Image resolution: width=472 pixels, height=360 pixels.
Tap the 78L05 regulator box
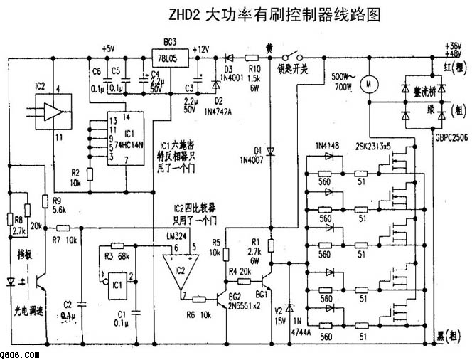coord(168,55)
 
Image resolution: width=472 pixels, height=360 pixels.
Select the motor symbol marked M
coord(369,85)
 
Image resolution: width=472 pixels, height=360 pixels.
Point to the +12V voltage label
coord(200,49)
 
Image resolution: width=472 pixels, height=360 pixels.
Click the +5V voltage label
coord(107,48)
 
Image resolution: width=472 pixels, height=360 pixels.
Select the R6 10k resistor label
coord(200,313)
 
